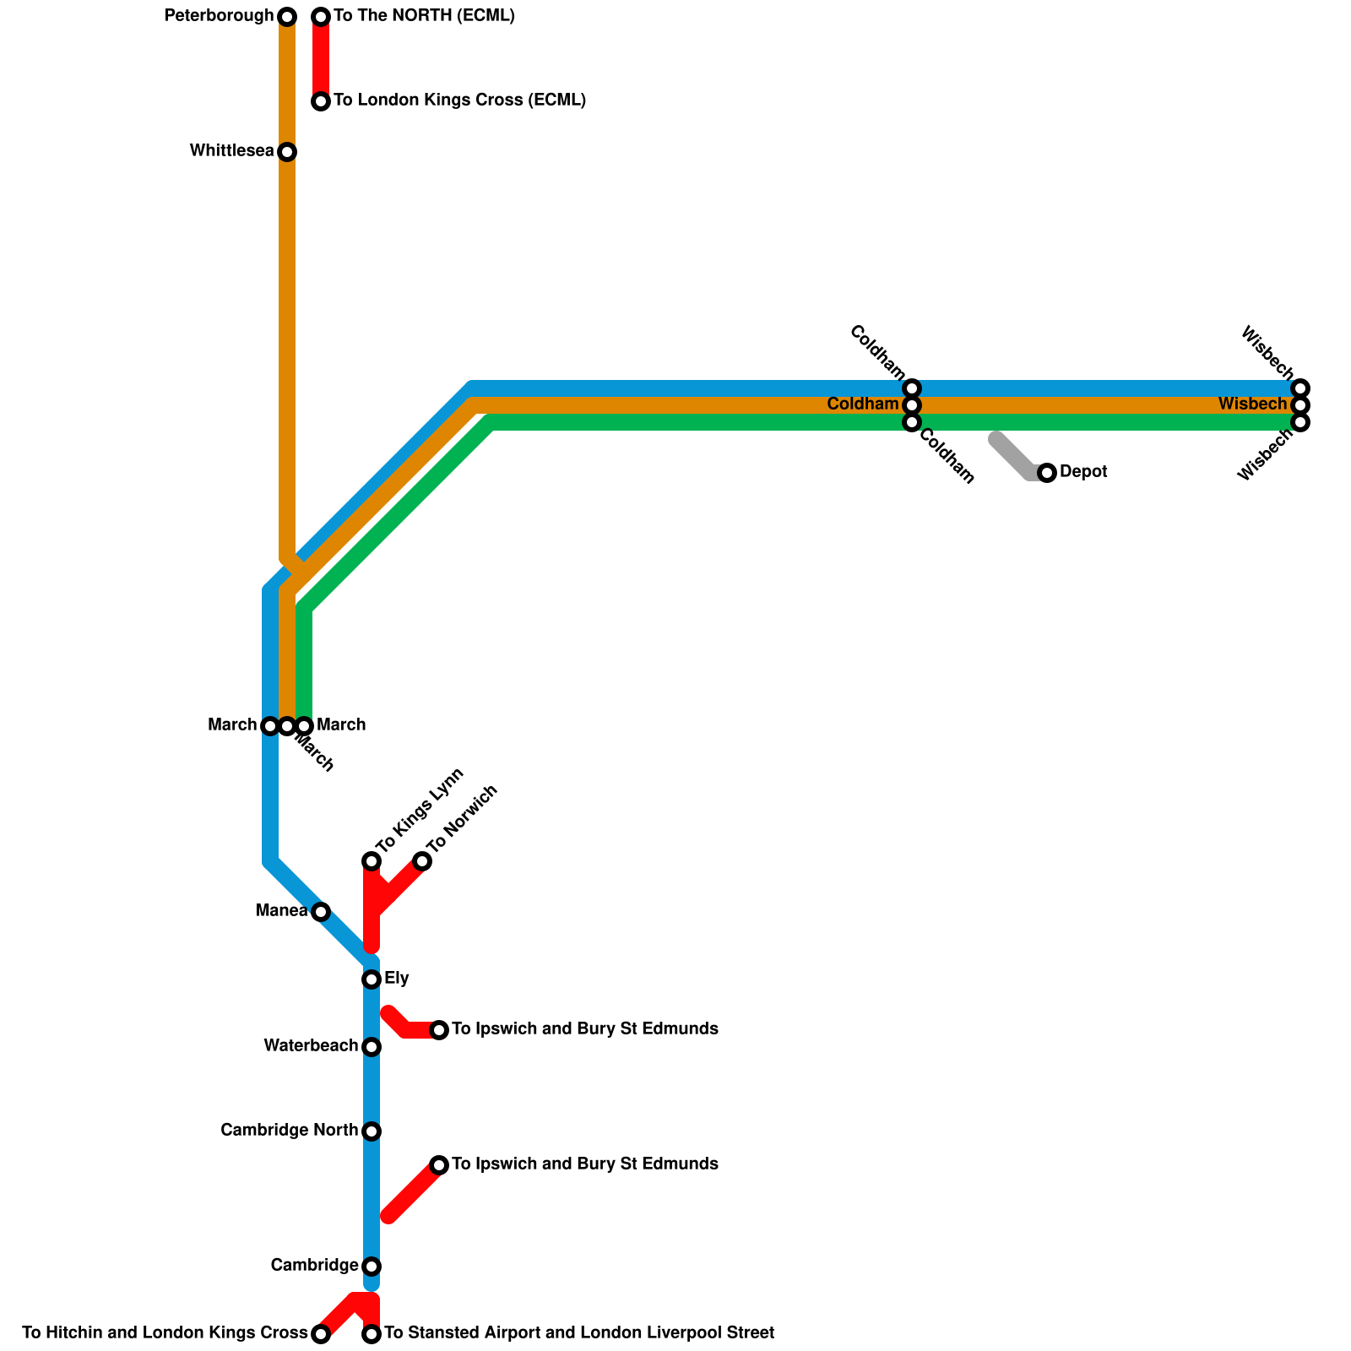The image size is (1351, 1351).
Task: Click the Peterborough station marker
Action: pyautogui.click(x=287, y=17)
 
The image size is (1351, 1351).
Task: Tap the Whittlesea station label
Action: pyautogui.click(x=231, y=151)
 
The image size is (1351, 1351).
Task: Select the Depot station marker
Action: pyautogui.click(x=1047, y=473)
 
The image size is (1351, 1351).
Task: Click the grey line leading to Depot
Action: pyautogui.click(x=1013, y=456)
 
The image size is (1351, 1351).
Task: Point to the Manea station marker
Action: pyautogui.click(x=321, y=912)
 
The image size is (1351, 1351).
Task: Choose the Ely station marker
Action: pyautogui.click(x=372, y=979)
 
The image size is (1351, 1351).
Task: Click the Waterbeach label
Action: pyautogui.click(x=310, y=1046)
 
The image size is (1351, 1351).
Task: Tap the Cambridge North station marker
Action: pyautogui.click(x=372, y=1131)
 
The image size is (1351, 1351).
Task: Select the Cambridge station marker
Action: pyautogui.click(x=372, y=1267)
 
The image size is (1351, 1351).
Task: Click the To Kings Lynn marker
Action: pyautogui.click(x=372, y=861)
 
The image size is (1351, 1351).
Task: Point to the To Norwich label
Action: pyautogui.click(x=462, y=820)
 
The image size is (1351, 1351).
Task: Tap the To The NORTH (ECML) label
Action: pyautogui.click(x=424, y=16)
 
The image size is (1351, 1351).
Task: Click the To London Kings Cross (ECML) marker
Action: pyautogui.click(x=321, y=101)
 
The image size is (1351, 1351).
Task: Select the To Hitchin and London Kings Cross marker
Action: pyautogui.click(x=321, y=1334)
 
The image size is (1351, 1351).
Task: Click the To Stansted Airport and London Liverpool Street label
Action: pyautogui.click(x=579, y=1333)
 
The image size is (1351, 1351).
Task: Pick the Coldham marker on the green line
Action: pyautogui.click(x=912, y=422)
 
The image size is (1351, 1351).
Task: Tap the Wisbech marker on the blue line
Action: pyautogui.click(x=1300, y=388)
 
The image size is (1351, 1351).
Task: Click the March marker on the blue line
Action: pyautogui.click(x=270, y=726)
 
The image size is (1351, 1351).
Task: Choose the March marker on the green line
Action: pyautogui.click(x=304, y=726)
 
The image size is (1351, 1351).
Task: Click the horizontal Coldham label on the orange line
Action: pyautogui.click(x=862, y=404)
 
